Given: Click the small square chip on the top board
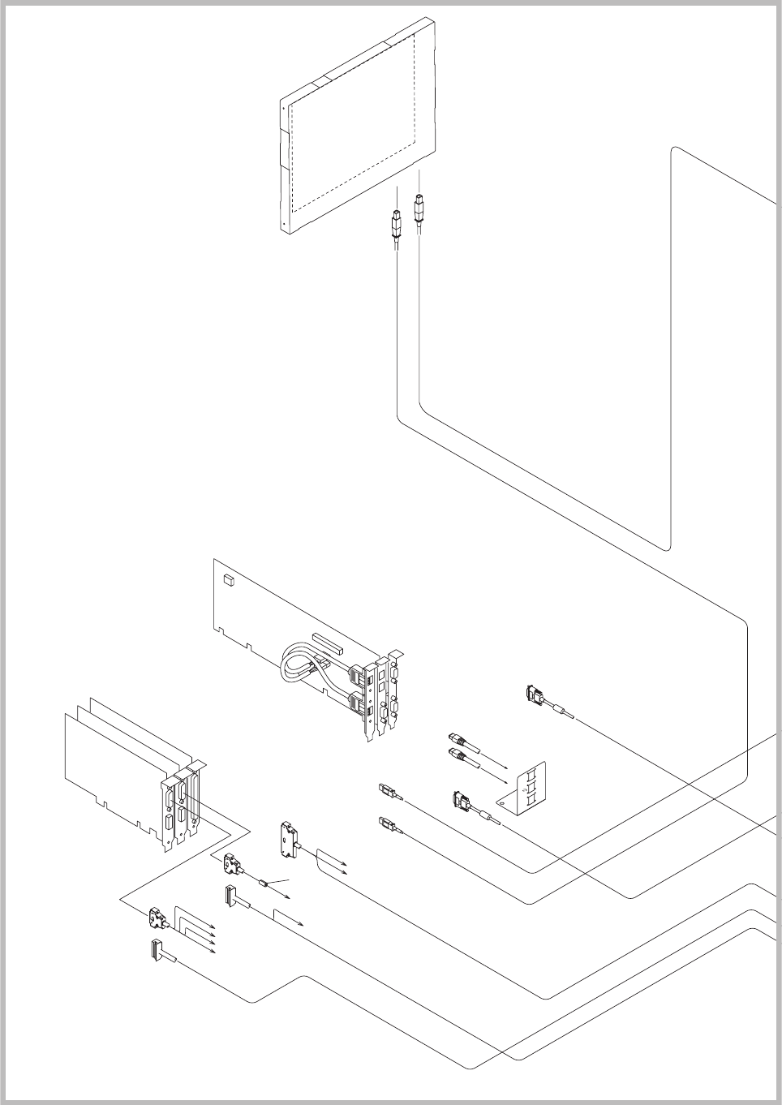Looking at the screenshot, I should [228, 580].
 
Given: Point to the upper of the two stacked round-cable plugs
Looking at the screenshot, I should [457, 739].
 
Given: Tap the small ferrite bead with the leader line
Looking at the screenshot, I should [263, 880].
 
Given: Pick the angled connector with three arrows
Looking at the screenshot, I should [158, 920].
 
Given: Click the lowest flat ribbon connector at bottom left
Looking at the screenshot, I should [154, 949].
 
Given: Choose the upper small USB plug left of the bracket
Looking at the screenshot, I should [385, 789].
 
